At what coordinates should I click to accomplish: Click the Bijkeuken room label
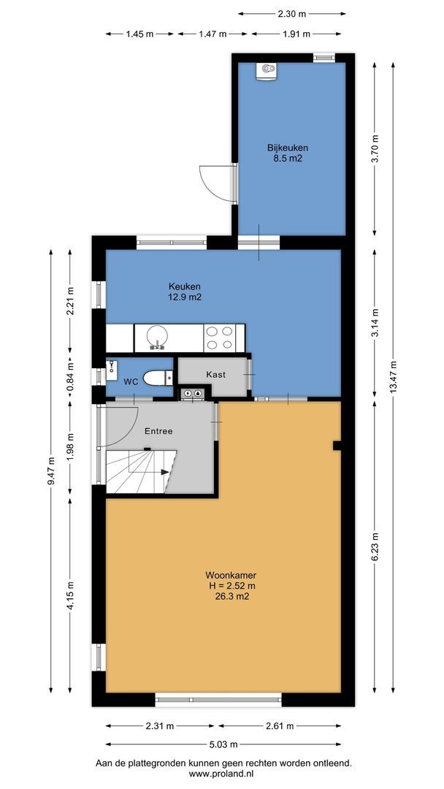[x=287, y=146]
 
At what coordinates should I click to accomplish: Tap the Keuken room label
[x=185, y=286]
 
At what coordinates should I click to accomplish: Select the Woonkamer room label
[x=231, y=575]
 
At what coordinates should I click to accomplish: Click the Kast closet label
[x=215, y=374]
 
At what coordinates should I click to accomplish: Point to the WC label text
[x=131, y=382]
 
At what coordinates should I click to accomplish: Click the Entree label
[x=158, y=431]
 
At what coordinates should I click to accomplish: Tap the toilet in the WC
[x=156, y=378]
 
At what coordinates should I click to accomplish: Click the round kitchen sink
[x=157, y=337]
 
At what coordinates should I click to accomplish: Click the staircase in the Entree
[x=139, y=471]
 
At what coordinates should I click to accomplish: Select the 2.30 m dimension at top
[x=291, y=13]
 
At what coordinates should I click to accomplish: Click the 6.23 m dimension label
[x=375, y=546]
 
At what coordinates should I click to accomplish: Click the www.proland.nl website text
[x=223, y=774]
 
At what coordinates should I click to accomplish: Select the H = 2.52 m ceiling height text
[x=231, y=586]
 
